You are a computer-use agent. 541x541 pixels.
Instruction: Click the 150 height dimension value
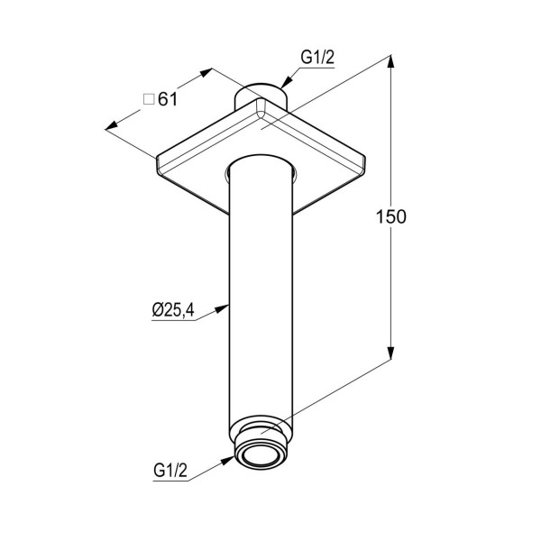[x=391, y=217]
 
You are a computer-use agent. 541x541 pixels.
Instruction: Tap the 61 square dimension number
[x=168, y=100]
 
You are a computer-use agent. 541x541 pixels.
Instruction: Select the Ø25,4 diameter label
[x=173, y=310]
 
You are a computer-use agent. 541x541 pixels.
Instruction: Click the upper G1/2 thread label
[x=317, y=58]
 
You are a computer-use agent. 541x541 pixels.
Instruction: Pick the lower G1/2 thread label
[x=170, y=470]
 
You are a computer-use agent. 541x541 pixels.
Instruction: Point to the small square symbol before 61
[x=149, y=100]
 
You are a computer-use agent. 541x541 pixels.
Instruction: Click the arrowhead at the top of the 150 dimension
[x=390, y=62]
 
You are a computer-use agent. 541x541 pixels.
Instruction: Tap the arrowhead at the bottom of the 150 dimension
[x=390, y=353]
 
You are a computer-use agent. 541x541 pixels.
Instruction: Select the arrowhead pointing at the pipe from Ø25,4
[x=222, y=308]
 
